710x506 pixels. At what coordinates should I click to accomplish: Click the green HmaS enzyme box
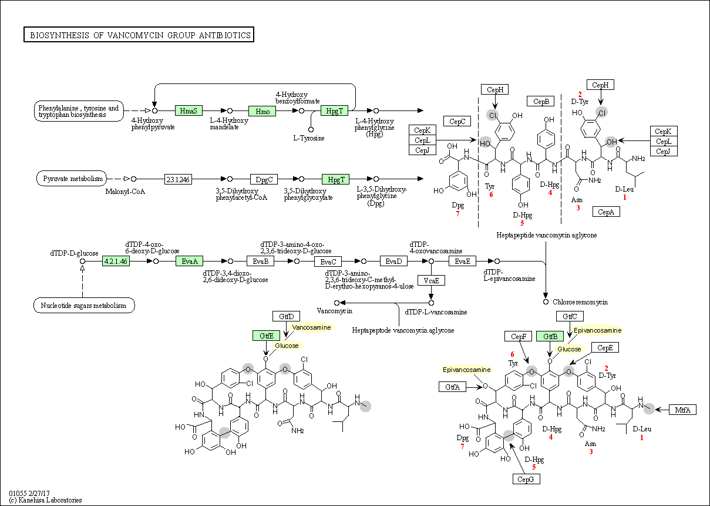point(189,110)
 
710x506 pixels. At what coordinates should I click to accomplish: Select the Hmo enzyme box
point(262,110)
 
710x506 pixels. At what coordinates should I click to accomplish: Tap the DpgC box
point(263,179)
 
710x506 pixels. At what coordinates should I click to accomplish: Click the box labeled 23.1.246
point(178,179)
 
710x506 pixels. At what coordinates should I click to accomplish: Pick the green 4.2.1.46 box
point(116,261)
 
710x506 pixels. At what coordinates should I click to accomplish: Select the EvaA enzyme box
point(189,261)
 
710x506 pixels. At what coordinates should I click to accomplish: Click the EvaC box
point(328,261)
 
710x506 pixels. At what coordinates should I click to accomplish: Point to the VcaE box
point(431,280)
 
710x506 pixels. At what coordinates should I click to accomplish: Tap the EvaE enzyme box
point(463,261)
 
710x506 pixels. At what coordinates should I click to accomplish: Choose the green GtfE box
point(267,335)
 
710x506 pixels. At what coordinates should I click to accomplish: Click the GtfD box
point(286,316)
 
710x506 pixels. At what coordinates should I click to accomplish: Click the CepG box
point(525,479)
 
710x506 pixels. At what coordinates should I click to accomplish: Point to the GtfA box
point(452,386)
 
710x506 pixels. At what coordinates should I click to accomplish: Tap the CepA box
point(606,212)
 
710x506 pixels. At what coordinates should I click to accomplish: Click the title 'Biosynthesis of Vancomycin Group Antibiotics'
point(139,35)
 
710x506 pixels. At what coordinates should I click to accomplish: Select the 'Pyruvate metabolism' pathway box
point(72,179)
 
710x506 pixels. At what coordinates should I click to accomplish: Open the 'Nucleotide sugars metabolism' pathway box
point(83,306)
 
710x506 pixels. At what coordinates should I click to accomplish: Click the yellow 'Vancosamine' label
point(311,327)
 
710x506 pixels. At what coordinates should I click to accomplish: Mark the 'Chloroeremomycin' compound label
point(580,302)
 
